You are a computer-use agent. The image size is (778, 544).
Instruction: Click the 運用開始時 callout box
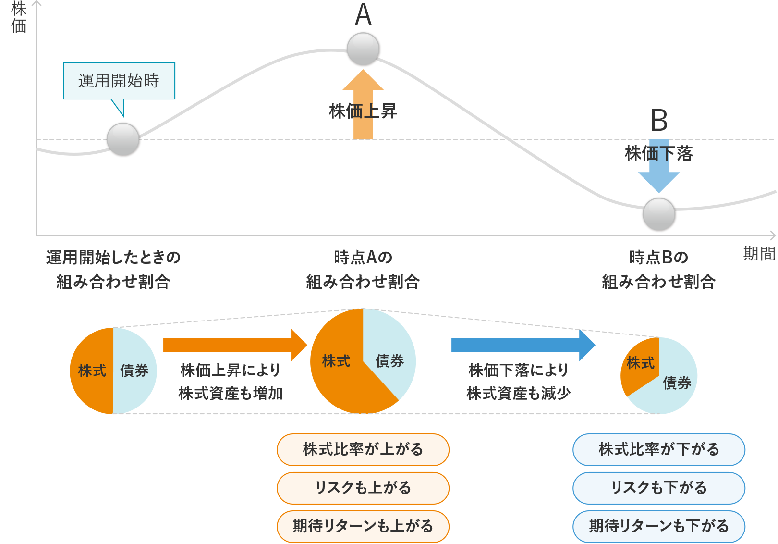pyautogui.click(x=119, y=81)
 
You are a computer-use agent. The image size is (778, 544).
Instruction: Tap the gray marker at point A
pyautogui.click(x=363, y=49)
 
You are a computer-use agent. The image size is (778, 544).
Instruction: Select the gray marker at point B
pyautogui.click(x=659, y=214)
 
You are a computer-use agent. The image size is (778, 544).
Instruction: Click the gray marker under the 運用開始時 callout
pyautogui.click(x=123, y=139)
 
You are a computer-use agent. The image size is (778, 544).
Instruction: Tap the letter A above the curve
pyautogui.click(x=363, y=15)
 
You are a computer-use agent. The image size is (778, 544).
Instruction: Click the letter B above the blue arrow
pyautogui.click(x=659, y=121)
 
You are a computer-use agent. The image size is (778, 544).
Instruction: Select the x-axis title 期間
pyautogui.click(x=759, y=253)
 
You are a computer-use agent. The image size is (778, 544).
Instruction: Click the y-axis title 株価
pyautogui.click(x=19, y=17)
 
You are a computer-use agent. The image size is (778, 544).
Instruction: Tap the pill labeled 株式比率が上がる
pyautogui.click(x=363, y=449)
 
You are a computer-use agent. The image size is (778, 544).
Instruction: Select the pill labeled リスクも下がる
pyautogui.click(x=659, y=488)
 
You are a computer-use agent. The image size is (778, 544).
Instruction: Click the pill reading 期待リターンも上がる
pyautogui.click(x=363, y=526)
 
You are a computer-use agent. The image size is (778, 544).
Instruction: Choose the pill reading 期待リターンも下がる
pyautogui.click(x=659, y=526)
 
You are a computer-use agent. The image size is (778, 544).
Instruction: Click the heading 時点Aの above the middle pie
pyautogui.click(x=363, y=258)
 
